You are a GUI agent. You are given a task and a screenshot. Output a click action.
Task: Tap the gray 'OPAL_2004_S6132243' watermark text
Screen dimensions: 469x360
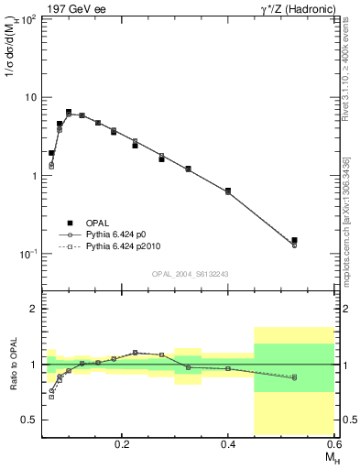191,273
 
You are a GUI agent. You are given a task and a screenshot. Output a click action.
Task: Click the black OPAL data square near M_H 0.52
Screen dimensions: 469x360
294,240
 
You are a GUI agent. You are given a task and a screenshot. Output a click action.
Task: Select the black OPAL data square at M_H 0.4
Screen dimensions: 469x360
228,191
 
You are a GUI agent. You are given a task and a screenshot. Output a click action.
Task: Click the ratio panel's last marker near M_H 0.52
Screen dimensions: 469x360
294,377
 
